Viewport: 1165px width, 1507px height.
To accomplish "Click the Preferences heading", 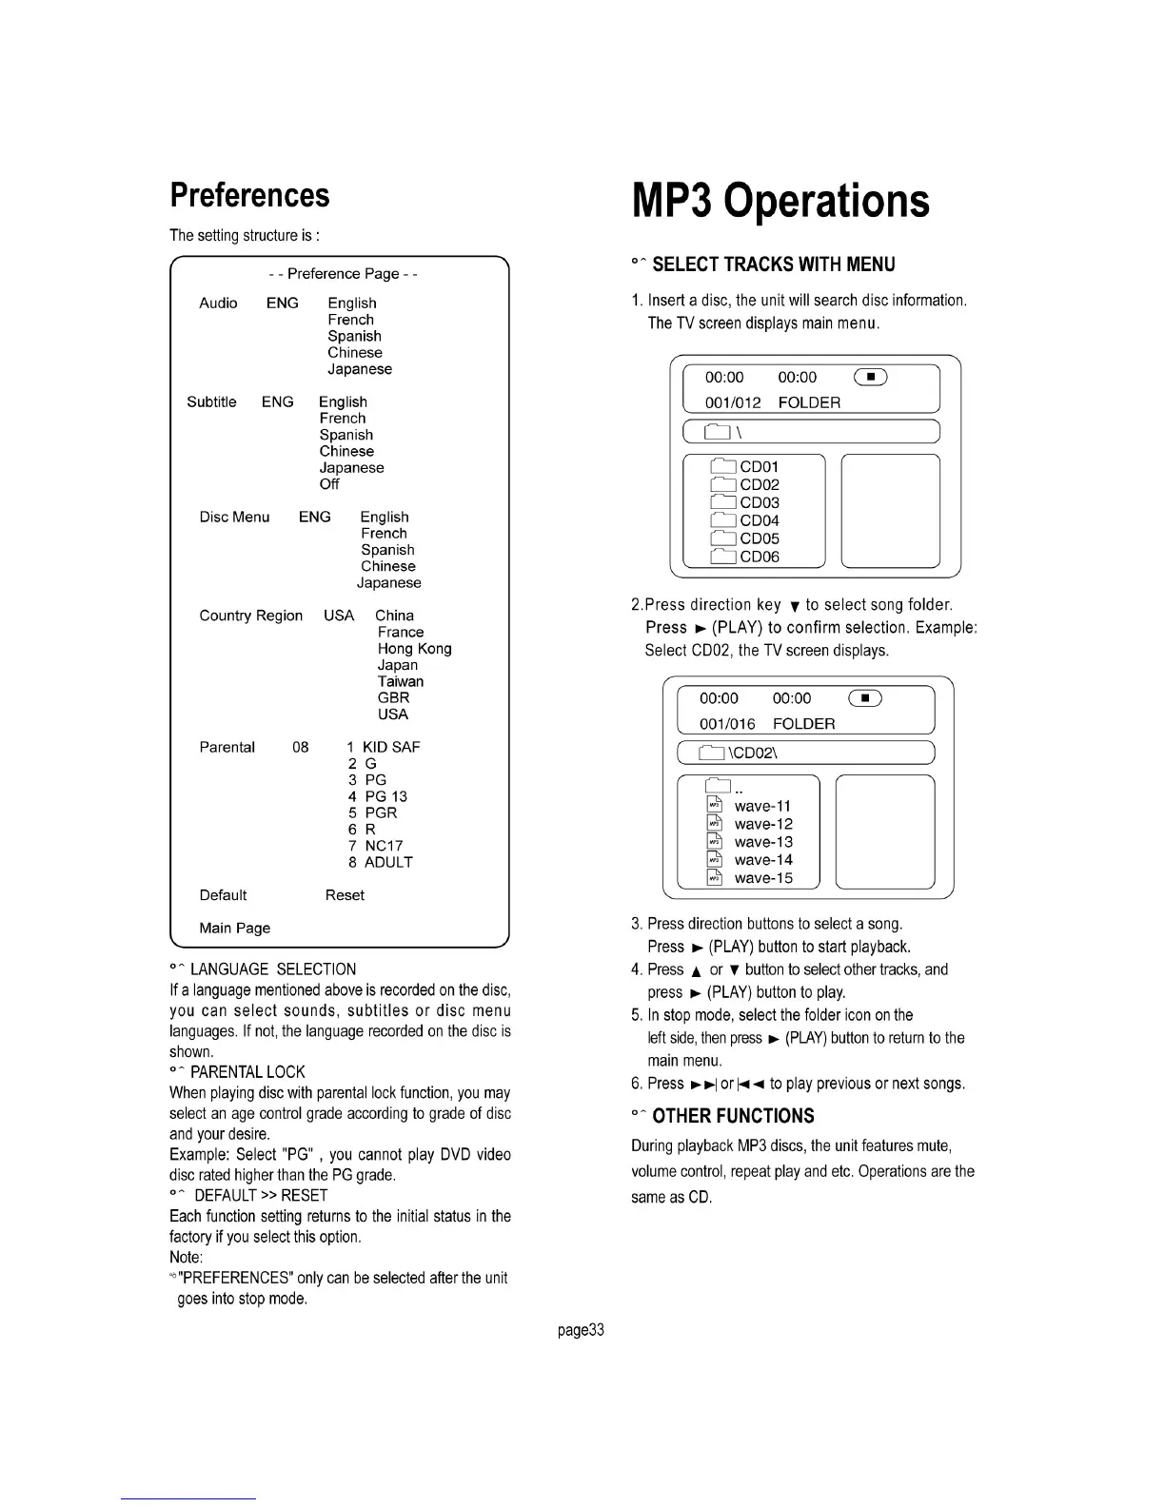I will coord(249,195).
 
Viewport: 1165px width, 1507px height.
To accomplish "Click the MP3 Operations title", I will coord(780,201).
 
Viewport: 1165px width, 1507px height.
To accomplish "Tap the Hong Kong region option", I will coord(414,649).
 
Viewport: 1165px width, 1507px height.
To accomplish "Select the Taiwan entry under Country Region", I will coord(401,681).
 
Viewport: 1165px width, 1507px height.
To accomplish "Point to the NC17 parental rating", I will coord(384,846).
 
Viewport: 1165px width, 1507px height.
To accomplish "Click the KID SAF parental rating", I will coord(390,747).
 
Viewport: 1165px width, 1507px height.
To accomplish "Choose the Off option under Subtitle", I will coord(329,484).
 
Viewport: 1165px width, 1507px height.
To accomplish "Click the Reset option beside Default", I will coord(345,895).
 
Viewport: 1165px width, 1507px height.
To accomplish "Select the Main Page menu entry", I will coord(235,928).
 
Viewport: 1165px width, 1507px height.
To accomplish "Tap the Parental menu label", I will coord(227,747).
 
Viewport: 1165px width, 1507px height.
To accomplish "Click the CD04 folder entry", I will coord(759,520).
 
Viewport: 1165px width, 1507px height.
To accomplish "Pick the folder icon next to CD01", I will coord(724,466).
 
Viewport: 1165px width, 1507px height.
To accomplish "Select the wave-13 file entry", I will coord(763,842).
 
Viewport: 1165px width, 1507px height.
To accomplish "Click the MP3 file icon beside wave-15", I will coord(715,878).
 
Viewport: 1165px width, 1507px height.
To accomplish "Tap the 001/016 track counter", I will coord(727,724).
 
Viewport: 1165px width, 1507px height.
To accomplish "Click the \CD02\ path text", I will coord(753,753).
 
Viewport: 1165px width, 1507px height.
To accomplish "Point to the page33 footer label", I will coord(582,1330).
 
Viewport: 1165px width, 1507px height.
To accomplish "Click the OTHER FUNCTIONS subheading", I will coord(733,1116).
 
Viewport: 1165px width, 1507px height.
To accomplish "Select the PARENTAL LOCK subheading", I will coord(247,1072).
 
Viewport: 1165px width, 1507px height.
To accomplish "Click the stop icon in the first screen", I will coord(870,378).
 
